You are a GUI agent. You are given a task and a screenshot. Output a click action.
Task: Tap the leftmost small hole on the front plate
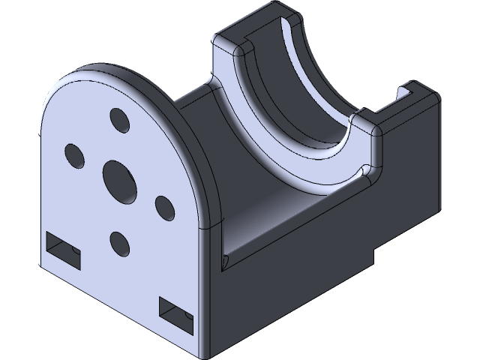(74, 154)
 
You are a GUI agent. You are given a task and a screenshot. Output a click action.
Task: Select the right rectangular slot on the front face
(176, 313)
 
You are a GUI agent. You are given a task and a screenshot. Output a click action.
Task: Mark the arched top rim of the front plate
(135, 75)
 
